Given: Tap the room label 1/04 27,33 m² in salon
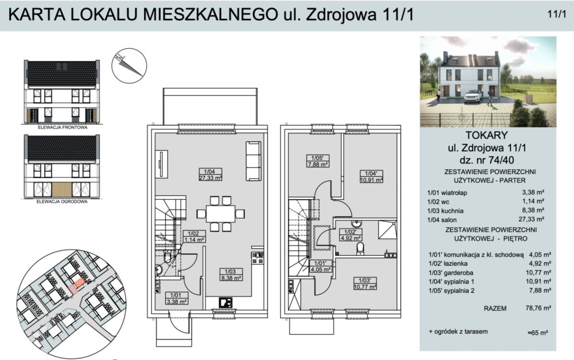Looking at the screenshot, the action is click(x=210, y=175).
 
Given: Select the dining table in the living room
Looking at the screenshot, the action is click(x=221, y=214).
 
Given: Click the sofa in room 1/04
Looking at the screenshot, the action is click(x=254, y=161).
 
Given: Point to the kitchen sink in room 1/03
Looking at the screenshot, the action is click(x=226, y=302).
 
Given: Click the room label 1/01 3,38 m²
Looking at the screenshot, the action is click(x=177, y=298).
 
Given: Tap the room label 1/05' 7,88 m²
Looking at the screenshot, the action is click(x=318, y=161).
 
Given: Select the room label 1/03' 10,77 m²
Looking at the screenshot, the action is click(x=365, y=284).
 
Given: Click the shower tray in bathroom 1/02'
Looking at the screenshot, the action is click(x=387, y=229).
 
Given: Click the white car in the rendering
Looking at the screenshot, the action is click(x=473, y=97).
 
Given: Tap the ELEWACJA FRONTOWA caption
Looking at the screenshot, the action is click(x=63, y=127).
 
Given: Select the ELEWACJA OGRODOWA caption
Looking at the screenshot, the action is click(x=62, y=201).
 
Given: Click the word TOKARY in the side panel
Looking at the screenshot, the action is click(x=486, y=135).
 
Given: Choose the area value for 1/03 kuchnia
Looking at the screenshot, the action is click(x=533, y=210).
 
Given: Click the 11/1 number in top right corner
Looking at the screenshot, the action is click(x=557, y=14).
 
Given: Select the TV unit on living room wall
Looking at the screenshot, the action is click(x=162, y=164).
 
